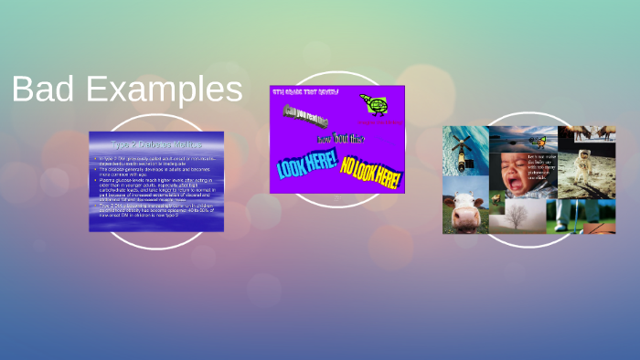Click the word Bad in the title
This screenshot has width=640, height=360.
pyautogui.click(x=45, y=90)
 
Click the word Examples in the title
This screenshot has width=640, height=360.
pyautogui.click(x=165, y=90)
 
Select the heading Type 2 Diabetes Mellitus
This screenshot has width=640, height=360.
pyautogui.click(x=156, y=144)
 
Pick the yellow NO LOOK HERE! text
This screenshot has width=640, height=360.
pyautogui.click(x=369, y=167)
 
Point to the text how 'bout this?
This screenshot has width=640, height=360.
pyautogui.click(x=341, y=139)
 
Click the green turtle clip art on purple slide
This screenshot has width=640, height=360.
pyautogui.click(x=371, y=102)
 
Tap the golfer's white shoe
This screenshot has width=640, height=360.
pyautogui.click(x=585, y=225)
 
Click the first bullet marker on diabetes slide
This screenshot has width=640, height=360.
pyautogui.click(x=96, y=158)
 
